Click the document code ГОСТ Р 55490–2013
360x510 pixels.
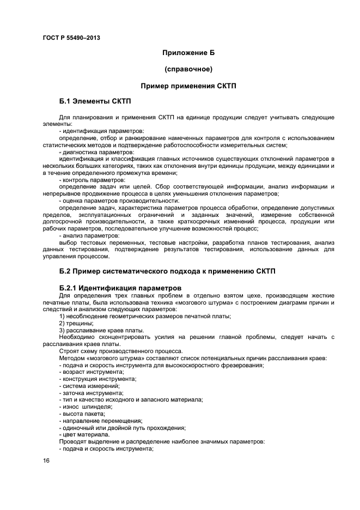[71, 38]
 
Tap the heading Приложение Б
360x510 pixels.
[188, 53]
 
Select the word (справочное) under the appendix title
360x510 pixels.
[188, 69]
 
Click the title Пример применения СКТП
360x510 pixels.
[188, 86]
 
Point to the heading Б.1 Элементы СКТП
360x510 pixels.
[95, 102]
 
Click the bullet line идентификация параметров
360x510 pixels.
[101, 131]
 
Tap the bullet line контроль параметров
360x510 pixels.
[92, 180]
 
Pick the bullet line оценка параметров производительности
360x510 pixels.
[119, 201]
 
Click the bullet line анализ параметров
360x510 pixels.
[89, 235]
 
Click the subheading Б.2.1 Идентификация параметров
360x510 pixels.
[120, 288]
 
